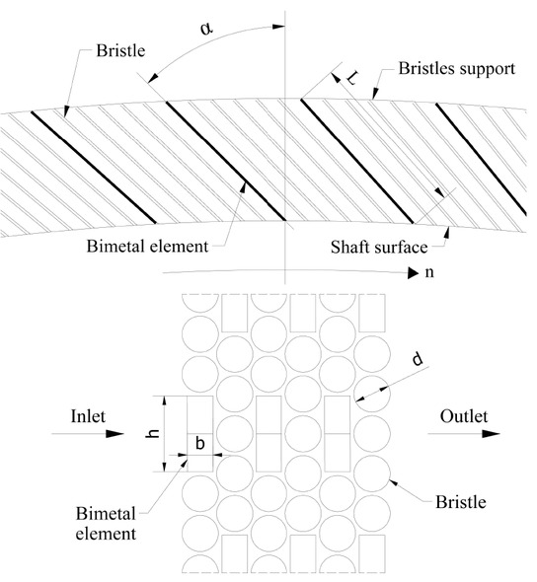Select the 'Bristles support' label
point(461,69)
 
